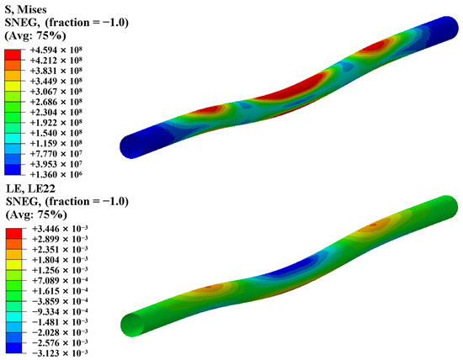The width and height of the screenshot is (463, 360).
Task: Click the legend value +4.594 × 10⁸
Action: coord(56,50)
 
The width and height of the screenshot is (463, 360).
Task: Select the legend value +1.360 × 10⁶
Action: coord(56,174)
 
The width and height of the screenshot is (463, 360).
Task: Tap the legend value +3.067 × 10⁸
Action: coord(56,91)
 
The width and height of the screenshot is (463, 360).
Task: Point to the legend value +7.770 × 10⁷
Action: coord(56,153)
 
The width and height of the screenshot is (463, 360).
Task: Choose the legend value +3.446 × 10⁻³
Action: coord(60,229)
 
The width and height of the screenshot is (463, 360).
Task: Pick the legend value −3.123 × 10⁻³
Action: coord(60,353)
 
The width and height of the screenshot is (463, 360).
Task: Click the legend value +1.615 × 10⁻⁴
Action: coord(60,291)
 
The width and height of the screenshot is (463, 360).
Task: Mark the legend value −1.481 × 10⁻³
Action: coord(60,322)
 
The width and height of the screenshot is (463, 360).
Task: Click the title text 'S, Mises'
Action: coord(26,10)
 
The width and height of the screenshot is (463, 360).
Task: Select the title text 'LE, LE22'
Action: coord(30,188)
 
